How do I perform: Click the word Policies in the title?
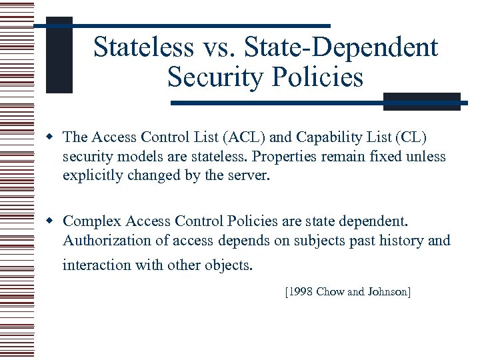click(x=321, y=78)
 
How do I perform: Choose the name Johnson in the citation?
click(x=387, y=291)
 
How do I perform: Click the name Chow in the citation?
click(x=330, y=291)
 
